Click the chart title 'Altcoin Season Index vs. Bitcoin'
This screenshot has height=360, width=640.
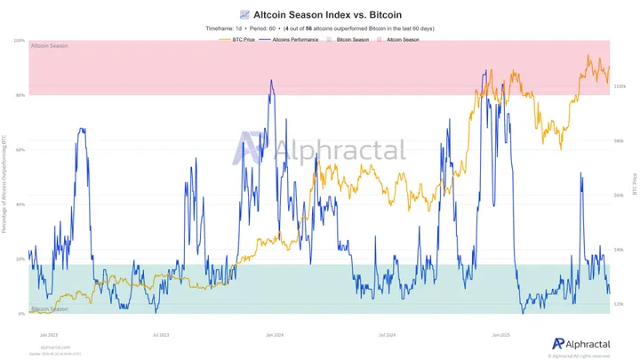(326, 14)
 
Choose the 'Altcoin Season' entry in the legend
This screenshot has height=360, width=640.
(403, 40)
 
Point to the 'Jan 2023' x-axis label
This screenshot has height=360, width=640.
(49, 335)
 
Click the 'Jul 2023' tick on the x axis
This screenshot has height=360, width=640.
(162, 335)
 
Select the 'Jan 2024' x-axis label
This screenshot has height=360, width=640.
(274, 335)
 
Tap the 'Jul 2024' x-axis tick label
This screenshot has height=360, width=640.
(387, 335)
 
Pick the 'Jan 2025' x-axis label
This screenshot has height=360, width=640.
(500, 335)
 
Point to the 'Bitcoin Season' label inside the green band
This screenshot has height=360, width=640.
(50, 308)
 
